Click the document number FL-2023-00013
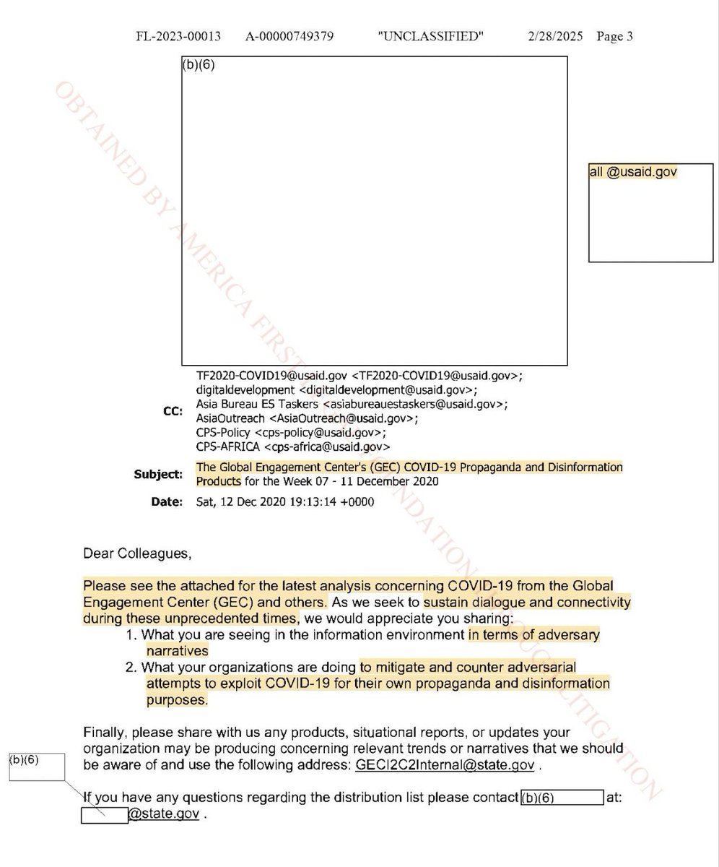[178, 36]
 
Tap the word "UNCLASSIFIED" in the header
[430, 36]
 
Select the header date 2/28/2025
[554, 36]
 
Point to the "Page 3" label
[615, 36]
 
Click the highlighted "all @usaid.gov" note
[633, 172]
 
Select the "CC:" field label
[173, 411]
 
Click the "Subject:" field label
[158, 475]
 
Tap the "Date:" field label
[167, 502]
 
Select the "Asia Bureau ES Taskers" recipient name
[256, 404]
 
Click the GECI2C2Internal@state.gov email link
[445, 765]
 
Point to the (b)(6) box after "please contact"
[562, 798]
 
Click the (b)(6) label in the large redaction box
[199, 65]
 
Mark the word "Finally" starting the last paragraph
[104, 732]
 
